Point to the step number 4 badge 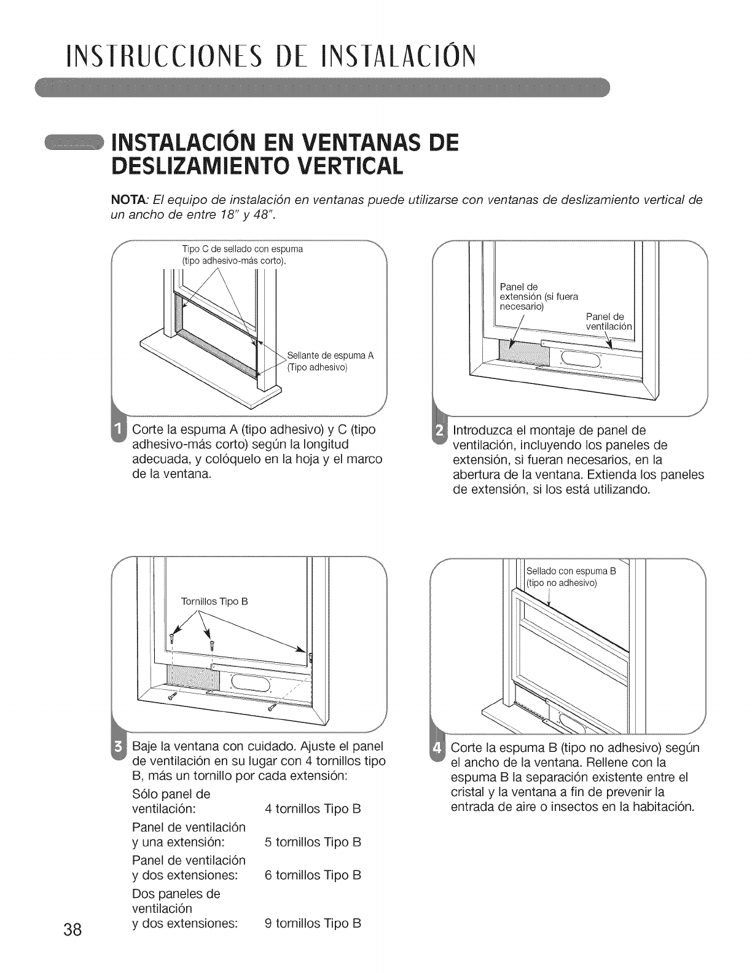[439, 750]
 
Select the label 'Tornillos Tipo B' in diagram [214, 601]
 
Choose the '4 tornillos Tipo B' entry [312, 809]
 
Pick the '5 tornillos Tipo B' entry [312, 842]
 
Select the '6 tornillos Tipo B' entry [312, 875]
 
